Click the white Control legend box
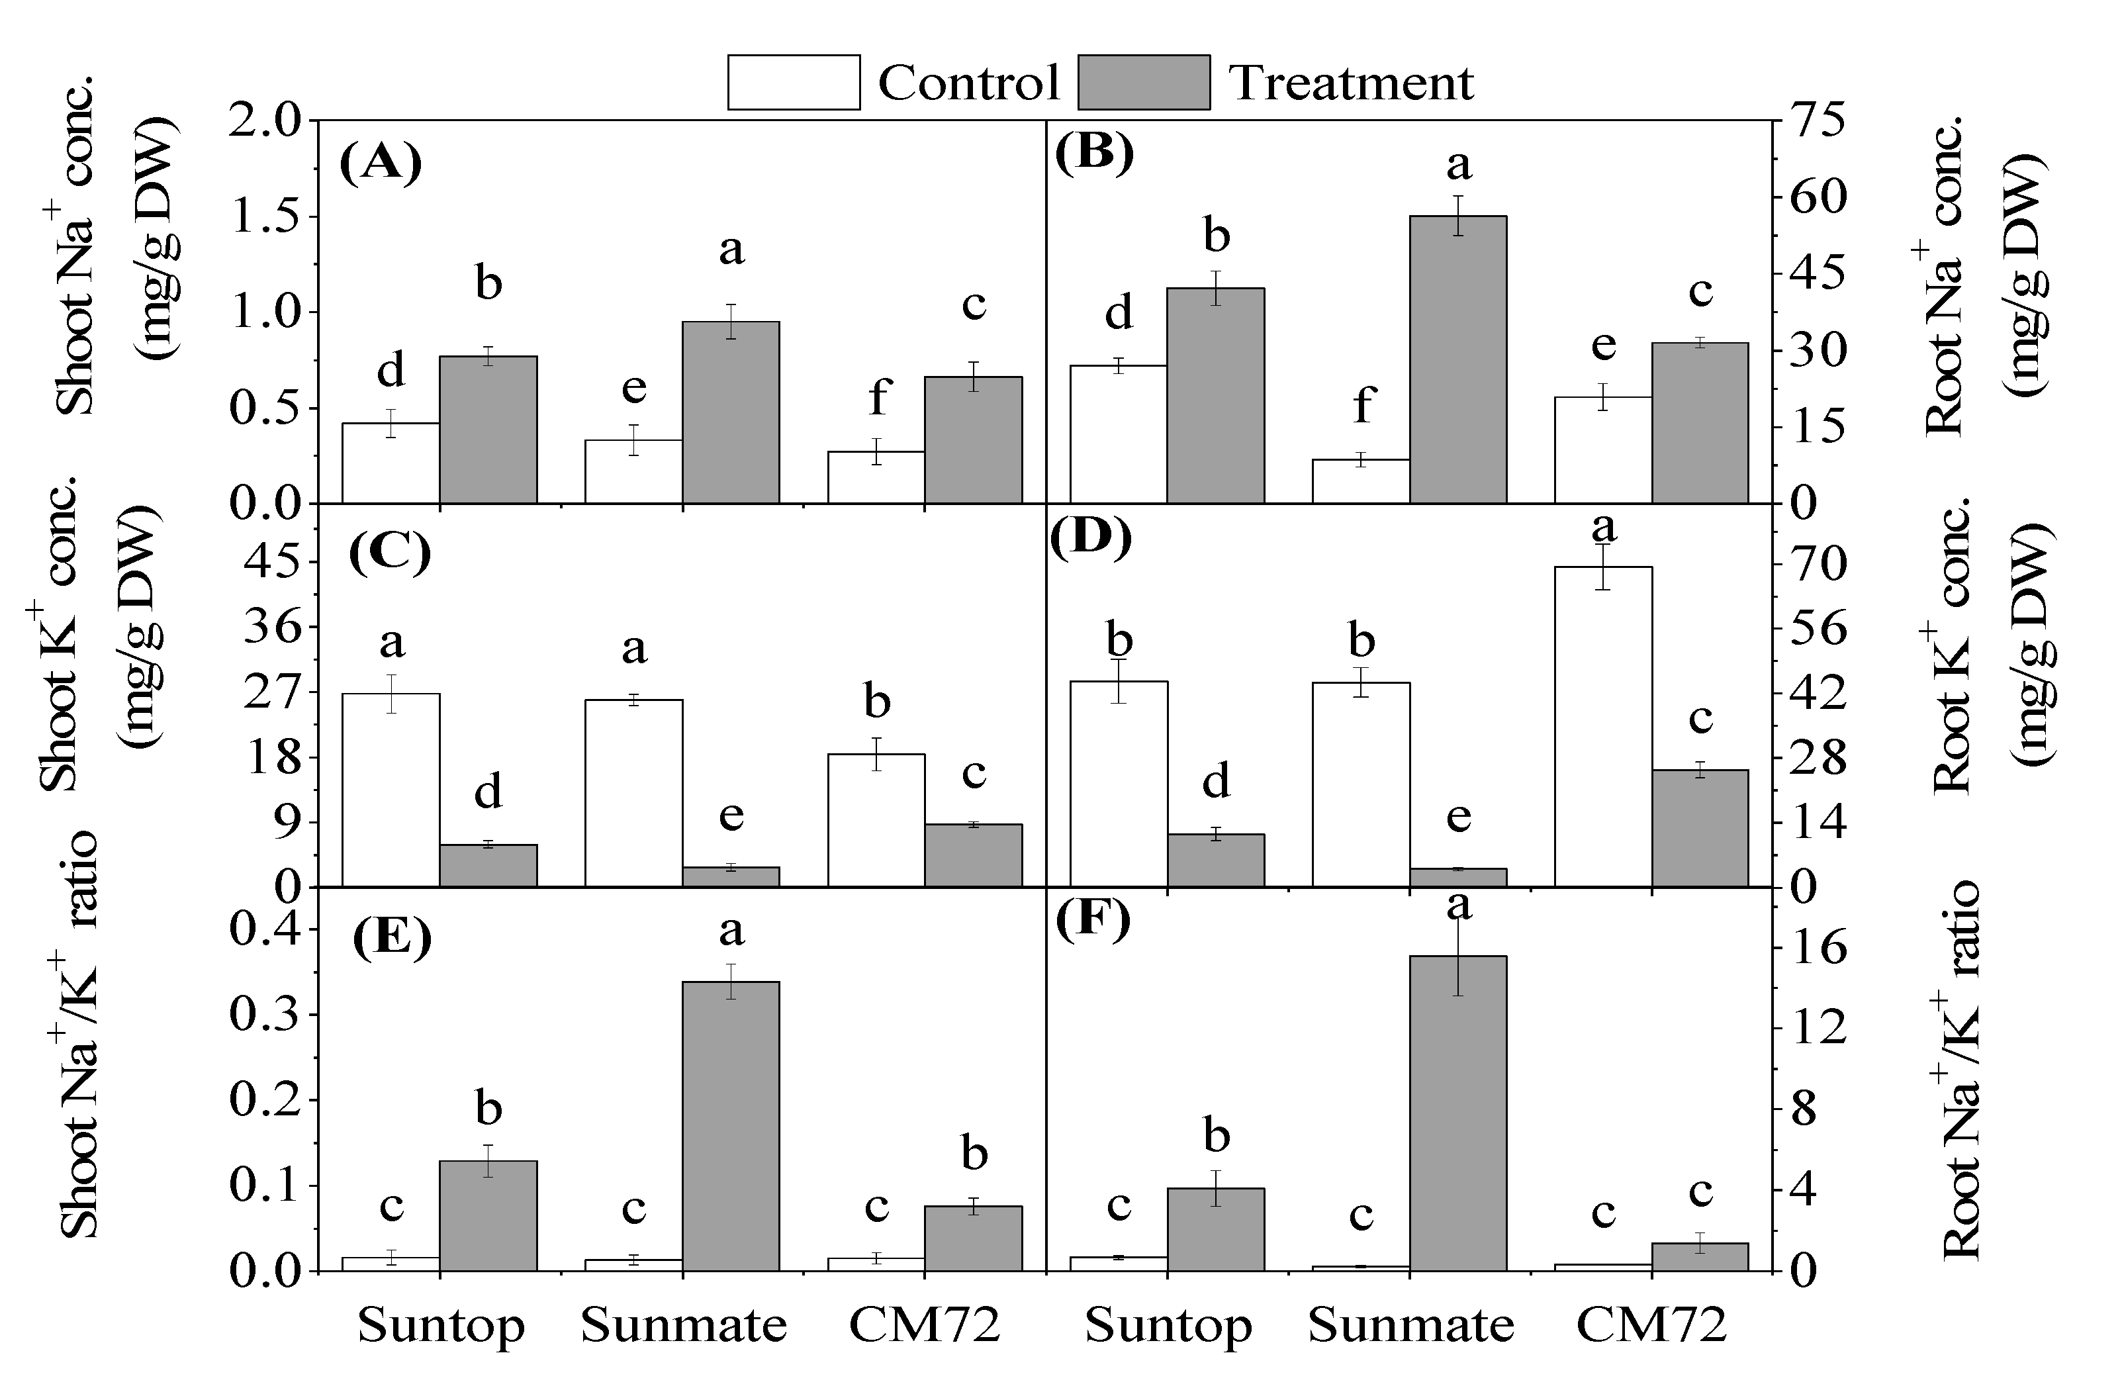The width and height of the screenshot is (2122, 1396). [x=793, y=82]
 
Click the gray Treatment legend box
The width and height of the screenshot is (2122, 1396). [x=1143, y=82]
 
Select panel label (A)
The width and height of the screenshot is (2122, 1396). [x=381, y=165]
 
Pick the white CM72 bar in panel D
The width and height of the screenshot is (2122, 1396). [x=1602, y=727]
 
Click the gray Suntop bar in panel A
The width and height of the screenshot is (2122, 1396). [x=488, y=430]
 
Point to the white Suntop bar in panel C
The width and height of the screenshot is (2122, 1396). [x=391, y=790]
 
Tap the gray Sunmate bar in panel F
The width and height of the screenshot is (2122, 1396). [x=1457, y=1113]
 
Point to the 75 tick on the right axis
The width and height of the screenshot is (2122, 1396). [x=1810, y=120]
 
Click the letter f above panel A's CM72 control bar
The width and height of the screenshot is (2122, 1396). [x=878, y=396]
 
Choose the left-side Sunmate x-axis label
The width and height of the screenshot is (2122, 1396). [x=683, y=1326]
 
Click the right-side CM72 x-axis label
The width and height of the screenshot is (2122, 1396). [x=1651, y=1326]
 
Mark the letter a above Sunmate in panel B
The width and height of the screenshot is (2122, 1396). [x=1457, y=164]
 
